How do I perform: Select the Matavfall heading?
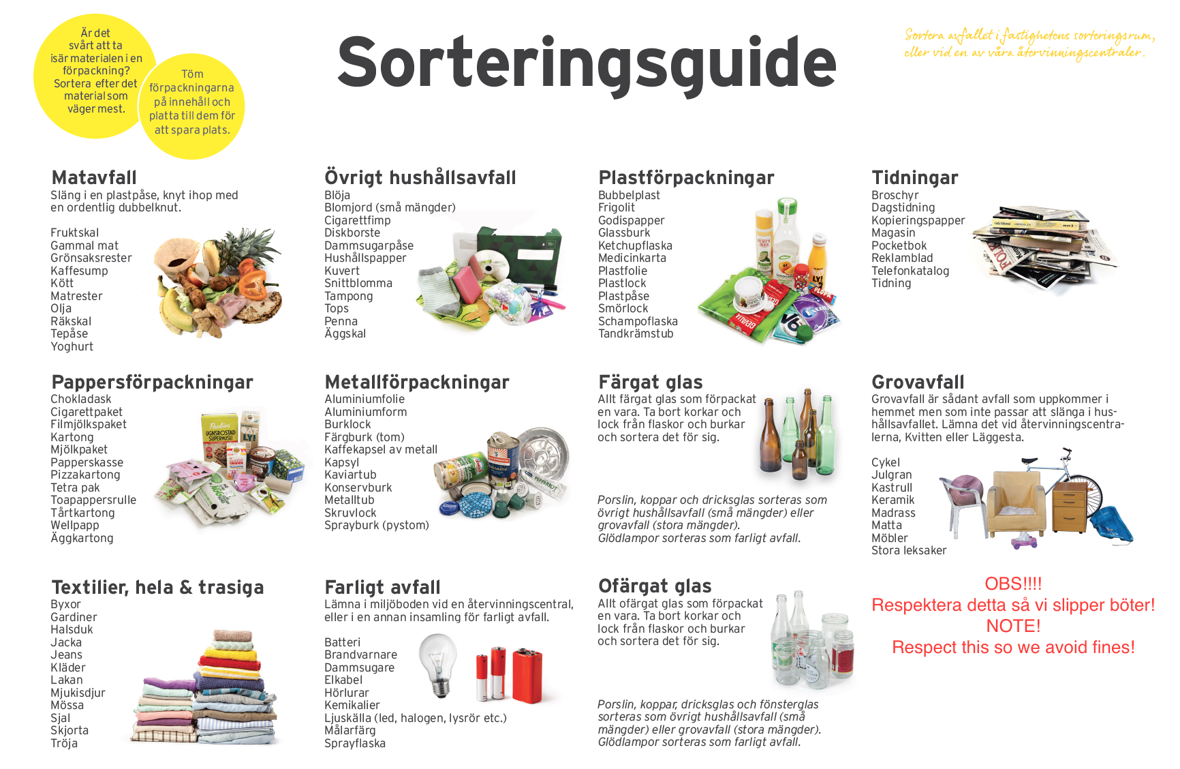94,178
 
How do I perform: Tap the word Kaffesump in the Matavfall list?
79,271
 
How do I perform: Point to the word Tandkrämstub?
636,334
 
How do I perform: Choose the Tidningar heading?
914,178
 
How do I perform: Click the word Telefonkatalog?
910,271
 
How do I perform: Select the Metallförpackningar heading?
417,382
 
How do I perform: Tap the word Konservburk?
358,488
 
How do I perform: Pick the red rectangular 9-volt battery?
527,675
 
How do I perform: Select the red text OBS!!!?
1013,584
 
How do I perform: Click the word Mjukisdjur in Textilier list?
78,693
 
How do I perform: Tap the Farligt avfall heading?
382,588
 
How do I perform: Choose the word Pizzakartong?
85,475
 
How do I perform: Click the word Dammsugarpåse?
369,245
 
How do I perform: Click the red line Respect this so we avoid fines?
1013,648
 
